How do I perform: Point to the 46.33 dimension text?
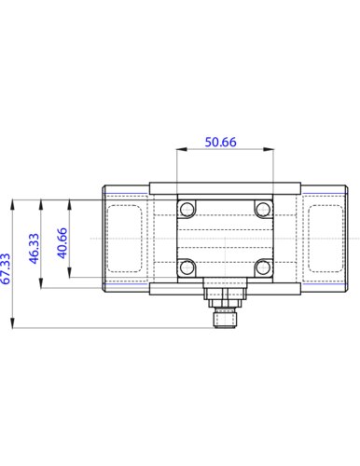tap(36, 249)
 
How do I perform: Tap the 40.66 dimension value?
tap(62, 245)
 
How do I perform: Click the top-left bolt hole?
tap(187, 208)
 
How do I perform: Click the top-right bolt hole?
tap(263, 208)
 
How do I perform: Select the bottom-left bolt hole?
tap(187, 267)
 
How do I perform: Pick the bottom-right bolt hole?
tap(263, 267)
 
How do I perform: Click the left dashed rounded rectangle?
tap(124, 240)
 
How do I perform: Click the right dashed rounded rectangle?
tap(324, 240)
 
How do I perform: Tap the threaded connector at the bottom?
tap(225, 320)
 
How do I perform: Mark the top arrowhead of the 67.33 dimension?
tap(13, 201)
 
